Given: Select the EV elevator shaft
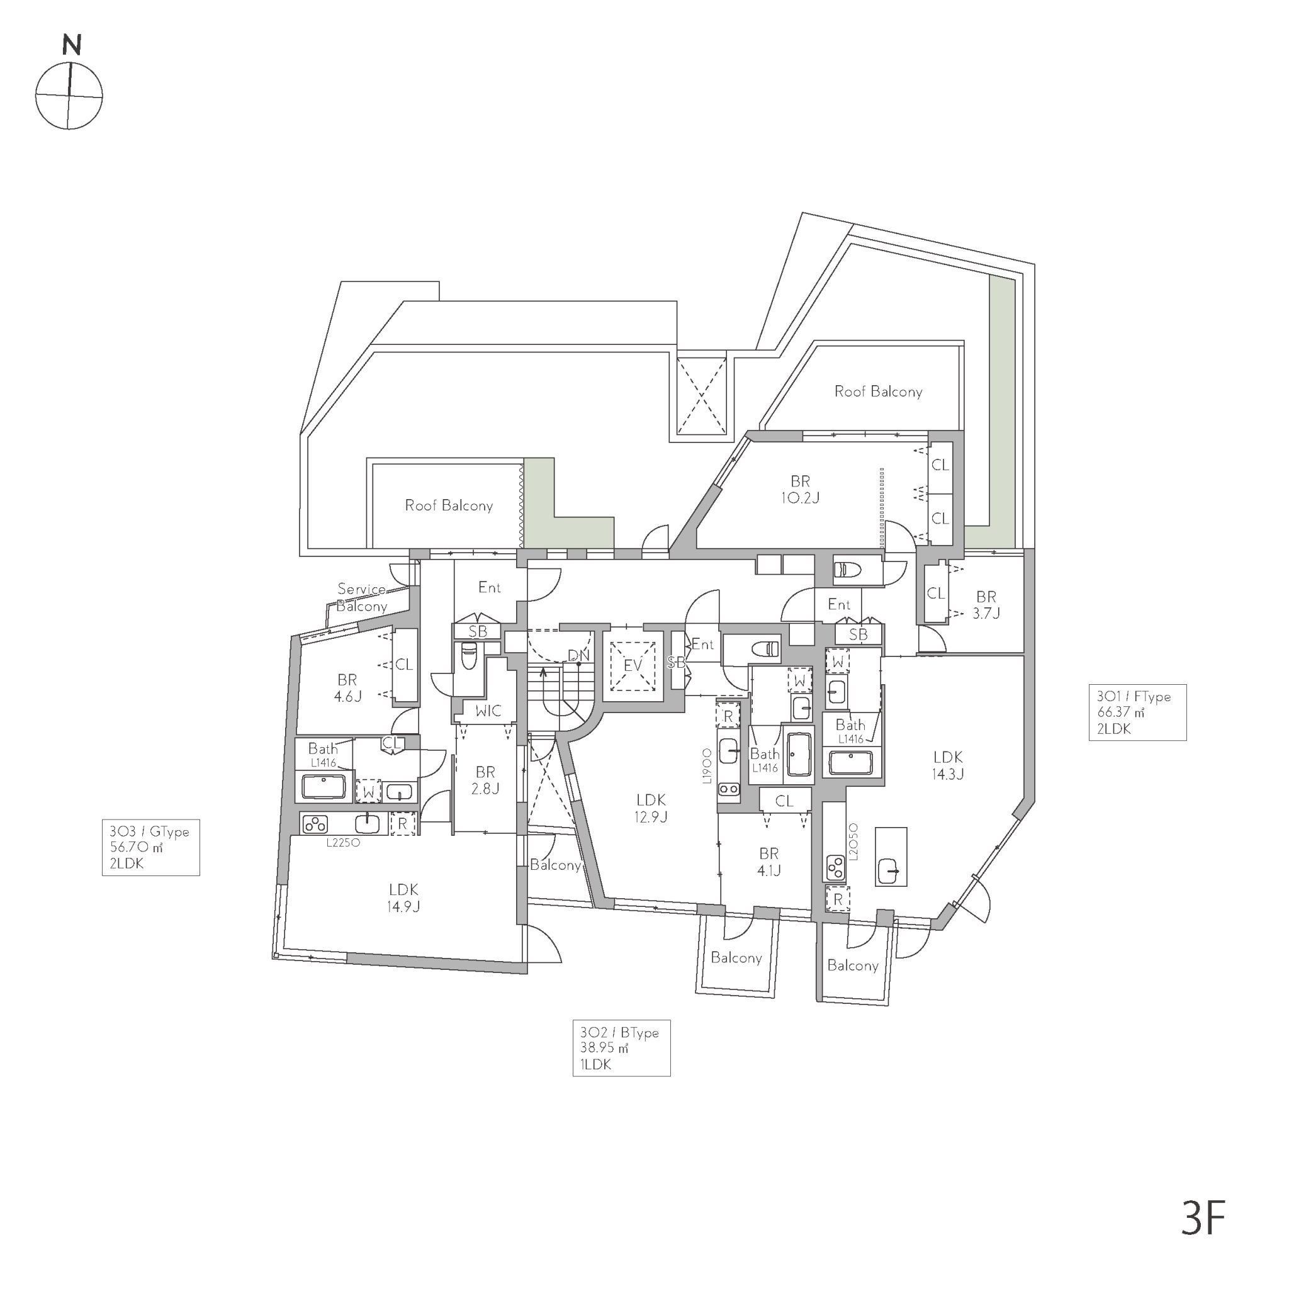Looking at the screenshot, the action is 632,665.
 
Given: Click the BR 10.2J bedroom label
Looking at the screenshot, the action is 800,490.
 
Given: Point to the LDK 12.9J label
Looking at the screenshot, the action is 651,808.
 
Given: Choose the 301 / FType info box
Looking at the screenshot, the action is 1137,712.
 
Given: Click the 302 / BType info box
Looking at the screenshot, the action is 621,1047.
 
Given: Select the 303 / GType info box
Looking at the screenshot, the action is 151,847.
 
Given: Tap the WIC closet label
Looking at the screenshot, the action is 488,711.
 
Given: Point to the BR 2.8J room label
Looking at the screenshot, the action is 485,780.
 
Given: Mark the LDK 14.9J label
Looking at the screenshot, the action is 403,898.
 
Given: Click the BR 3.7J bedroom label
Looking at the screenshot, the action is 986,604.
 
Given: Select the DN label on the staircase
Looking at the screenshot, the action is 578,655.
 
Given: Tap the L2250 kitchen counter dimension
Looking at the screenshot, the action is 343,843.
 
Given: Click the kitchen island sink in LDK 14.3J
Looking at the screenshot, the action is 891,870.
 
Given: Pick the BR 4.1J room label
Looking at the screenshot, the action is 768,862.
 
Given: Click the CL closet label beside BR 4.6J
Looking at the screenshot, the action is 403,664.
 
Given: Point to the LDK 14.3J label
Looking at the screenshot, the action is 948,765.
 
